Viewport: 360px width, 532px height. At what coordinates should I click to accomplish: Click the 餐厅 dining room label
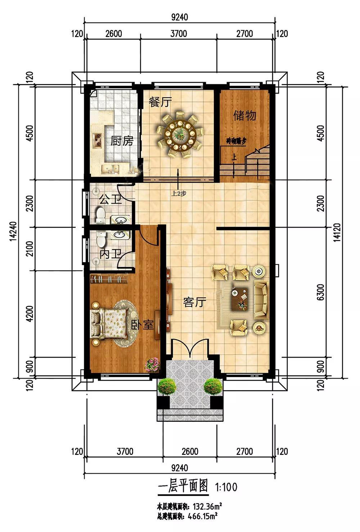tap(160, 102)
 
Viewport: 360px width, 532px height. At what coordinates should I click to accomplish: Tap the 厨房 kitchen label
tap(122, 141)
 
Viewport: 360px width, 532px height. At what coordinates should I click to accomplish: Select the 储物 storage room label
tap(245, 116)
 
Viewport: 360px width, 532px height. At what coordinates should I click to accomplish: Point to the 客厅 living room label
tap(195, 302)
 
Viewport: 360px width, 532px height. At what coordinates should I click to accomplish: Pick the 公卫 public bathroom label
tap(110, 199)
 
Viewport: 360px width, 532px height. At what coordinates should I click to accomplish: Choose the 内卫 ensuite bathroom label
tap(111, 254)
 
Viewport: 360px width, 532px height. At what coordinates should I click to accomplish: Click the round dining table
tap(180, 134)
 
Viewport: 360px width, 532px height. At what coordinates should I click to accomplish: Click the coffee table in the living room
tap(240, 299)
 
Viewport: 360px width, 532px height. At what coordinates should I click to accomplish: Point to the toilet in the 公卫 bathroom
tap(100, 215)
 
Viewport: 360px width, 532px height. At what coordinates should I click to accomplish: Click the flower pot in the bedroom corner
tap(152, 364)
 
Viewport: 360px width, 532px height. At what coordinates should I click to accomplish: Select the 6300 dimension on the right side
tap(320, 292)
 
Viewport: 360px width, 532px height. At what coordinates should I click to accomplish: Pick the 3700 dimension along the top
tap(179, 33)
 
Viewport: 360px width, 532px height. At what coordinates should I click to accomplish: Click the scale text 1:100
tap(226, 487)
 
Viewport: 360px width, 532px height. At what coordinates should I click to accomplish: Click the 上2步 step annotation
tap(179, 193)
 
